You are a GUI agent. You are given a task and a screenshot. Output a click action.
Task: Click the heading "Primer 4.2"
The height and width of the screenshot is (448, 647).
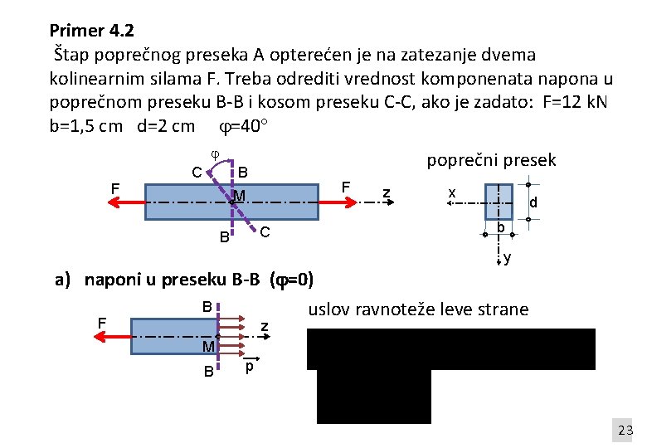tap(91, 32)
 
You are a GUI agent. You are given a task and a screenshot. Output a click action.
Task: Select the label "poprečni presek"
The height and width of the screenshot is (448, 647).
tap(490, 160)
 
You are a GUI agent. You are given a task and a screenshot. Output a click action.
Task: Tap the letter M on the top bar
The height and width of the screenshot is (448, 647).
tap(239, 196)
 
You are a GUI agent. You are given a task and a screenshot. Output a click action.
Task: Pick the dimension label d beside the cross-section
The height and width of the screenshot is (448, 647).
tap(533, 202)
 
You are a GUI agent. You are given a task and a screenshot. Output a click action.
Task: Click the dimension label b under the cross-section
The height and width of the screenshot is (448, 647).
tap(500, 228)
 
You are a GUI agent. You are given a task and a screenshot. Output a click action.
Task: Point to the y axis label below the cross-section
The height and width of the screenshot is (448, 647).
tap(507, 259)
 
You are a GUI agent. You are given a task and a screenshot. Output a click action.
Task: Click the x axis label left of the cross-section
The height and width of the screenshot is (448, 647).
tap(452, 192)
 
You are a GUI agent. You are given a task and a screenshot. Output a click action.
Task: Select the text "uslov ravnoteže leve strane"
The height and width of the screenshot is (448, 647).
tap(418, 309)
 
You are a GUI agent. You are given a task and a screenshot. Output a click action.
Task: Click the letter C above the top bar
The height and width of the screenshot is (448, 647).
tap(197, 173)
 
